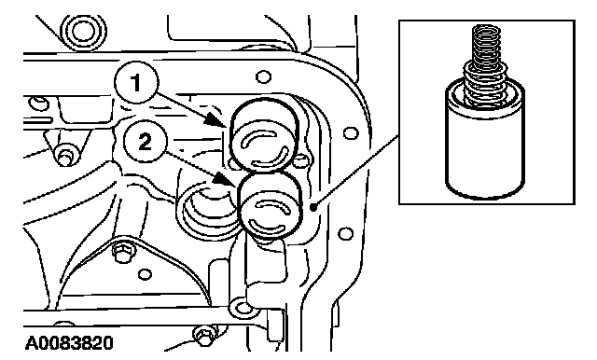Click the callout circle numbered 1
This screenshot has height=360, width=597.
(136, 83)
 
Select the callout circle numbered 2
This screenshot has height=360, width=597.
(145, 143)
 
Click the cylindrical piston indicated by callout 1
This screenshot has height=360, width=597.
(263, 134)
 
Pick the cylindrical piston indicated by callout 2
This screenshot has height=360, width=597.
(270, 205)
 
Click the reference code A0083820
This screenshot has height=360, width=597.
(69, 343)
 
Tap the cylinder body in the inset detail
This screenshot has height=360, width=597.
(485, 144)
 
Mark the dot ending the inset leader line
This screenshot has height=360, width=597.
(313, 207)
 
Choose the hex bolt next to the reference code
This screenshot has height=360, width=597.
(201, 336)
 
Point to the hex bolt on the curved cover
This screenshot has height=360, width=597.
(121, 254)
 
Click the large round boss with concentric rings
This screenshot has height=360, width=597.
(83, 32)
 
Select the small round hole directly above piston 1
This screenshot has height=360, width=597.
(263, 77)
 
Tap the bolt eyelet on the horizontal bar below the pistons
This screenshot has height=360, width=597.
(243, 309)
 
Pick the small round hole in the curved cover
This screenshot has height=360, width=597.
(145, 274)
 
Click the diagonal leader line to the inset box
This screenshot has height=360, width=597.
(356, 171)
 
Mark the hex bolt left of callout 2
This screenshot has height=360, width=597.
(65, 155)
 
